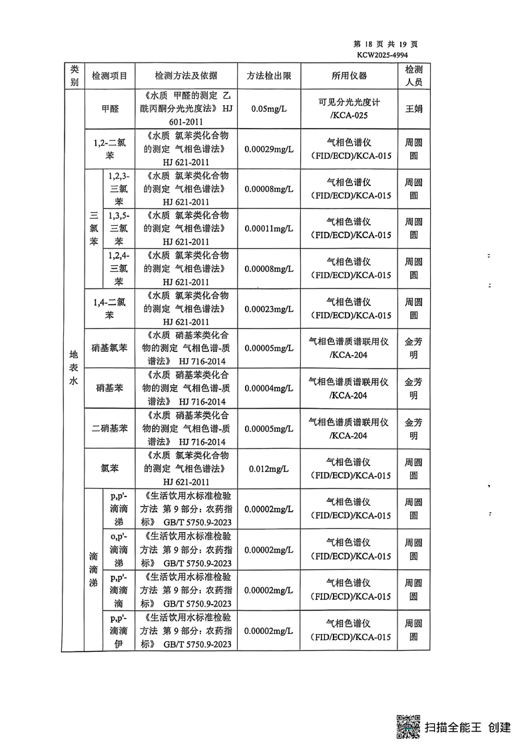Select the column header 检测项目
tap(114, 76)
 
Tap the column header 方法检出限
tap(268, 76)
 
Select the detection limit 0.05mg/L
tap(268, 109)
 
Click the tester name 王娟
tap(413, 109)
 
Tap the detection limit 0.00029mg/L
tap(268, 149)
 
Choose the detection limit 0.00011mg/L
tap(268, 229)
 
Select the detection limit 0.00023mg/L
tap(268, 309)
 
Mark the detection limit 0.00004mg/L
tap(268, 389)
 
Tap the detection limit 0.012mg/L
tap(268, 469)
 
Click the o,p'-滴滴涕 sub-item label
tap(119, 549)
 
